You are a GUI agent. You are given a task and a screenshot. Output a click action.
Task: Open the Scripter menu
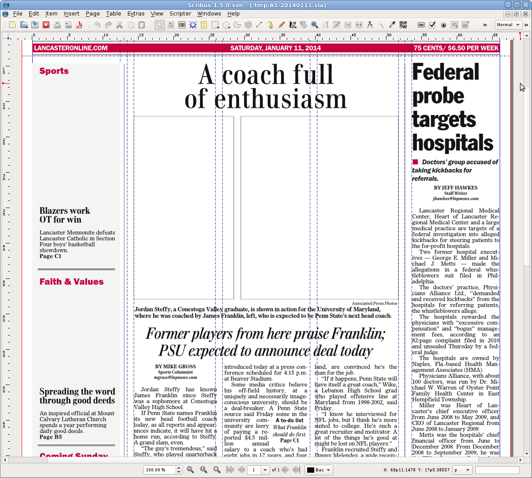point(180,14)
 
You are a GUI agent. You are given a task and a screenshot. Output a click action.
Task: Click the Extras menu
point(136,14)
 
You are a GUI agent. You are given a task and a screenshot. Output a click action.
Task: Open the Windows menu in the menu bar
point(209,14)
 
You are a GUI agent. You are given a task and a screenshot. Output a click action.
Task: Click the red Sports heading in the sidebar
point(54,71)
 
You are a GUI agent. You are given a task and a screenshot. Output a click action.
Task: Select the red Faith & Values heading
point(71,282)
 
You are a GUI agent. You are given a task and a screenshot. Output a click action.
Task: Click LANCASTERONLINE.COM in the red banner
point(71,48)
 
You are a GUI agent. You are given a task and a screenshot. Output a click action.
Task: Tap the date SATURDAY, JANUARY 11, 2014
point(275,48)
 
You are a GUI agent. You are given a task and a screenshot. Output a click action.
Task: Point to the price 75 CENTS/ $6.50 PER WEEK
point(456,48)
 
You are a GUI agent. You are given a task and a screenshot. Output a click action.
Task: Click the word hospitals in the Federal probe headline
point(453,143)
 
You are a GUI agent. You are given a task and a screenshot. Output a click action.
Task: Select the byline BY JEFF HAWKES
point(455,188)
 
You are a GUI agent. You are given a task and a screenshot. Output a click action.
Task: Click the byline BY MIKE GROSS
point(175,366)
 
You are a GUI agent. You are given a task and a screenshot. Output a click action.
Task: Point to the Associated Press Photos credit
point(374,303)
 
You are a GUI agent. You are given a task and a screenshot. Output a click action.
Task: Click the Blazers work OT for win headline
point(65,215)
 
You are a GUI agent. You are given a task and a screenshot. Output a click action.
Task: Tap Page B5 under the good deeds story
point(50,437)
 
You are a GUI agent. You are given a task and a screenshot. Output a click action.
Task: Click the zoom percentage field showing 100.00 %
point(160,470)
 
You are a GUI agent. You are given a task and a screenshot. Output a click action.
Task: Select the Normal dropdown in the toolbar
point(508,25)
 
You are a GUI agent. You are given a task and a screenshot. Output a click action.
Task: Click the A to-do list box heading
point(289,420)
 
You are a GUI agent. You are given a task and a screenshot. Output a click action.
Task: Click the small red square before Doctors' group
point(415,162)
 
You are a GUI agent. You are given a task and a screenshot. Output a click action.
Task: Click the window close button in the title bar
point(525,5)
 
